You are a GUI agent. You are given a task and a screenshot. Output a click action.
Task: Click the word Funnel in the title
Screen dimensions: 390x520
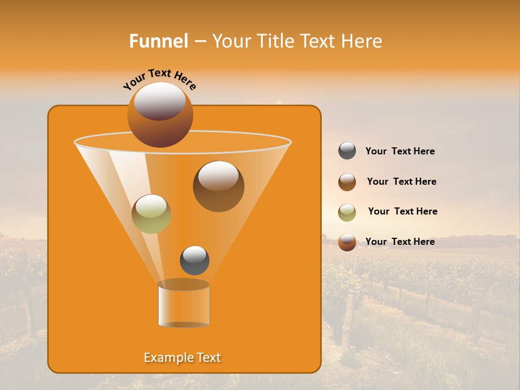coord(159,41)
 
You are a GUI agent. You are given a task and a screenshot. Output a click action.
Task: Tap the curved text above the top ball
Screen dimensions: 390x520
coord(159,80)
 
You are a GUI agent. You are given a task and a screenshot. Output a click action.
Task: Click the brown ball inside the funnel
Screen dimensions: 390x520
coord(218,187)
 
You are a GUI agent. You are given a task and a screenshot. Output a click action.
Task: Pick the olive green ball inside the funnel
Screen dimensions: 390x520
coord(151,214)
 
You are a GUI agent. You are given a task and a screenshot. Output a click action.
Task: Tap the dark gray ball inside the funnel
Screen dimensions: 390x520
coord(194,261)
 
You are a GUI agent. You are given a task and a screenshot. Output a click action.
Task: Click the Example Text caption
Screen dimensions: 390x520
coord(183,357)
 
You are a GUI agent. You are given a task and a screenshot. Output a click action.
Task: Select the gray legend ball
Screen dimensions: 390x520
coord(347,151)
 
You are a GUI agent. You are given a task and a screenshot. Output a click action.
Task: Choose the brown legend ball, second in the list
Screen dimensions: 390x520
coord(347,182)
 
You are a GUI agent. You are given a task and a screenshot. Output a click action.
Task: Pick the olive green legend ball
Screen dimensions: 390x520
coord(347,212)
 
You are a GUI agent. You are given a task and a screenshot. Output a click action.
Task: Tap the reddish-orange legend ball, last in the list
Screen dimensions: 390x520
coord(347,242)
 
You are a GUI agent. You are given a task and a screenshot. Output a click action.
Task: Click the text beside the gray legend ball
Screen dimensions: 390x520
coord(400,152)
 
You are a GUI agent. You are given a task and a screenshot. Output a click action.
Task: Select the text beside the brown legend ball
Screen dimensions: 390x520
coord(401,181)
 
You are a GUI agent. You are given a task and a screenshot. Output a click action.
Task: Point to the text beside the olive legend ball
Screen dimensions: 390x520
coord(402,211)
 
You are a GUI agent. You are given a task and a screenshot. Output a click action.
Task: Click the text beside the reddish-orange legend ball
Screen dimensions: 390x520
coord(400,242)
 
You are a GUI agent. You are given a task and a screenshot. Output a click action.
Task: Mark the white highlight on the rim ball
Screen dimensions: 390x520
coord(160,101)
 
